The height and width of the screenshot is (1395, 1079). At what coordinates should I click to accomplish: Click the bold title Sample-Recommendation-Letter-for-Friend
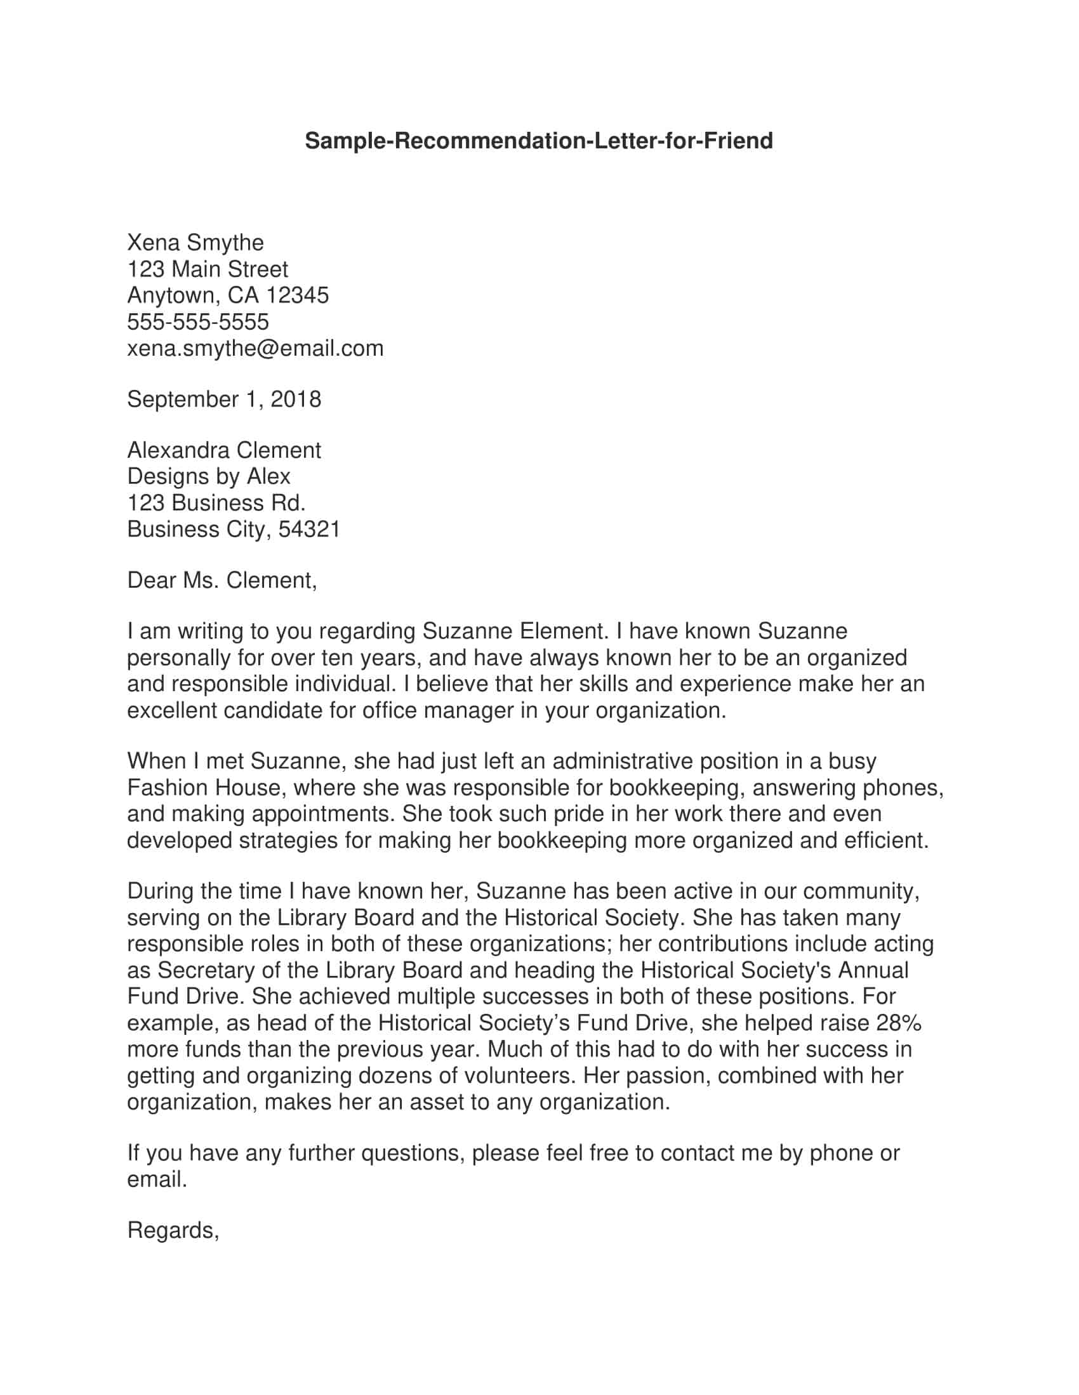(x=538, y=141)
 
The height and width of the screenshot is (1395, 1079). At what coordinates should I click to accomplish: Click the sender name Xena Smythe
(x=195, y=243)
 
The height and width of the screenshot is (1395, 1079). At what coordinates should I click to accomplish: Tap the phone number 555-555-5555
(x=197, y=322)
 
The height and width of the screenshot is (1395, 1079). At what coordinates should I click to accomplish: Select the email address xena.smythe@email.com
(x=255, y=349)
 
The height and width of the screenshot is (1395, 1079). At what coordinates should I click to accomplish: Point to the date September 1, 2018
(x=223, y=399)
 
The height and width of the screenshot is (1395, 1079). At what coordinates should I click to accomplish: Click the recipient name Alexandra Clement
(x=223, y=450)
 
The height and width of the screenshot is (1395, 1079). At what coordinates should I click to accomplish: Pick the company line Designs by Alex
(x=208, y=476)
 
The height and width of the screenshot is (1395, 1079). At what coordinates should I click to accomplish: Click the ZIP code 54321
(x=308, y=529)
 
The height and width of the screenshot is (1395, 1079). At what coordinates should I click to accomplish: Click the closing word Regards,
(x=173, y=1231)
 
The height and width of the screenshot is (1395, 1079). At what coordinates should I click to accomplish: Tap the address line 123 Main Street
(x=208, y=269)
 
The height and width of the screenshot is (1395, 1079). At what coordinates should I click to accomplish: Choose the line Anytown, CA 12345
(x=228, y=295)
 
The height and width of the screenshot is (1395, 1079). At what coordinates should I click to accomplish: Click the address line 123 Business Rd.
(x=216, y=503)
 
